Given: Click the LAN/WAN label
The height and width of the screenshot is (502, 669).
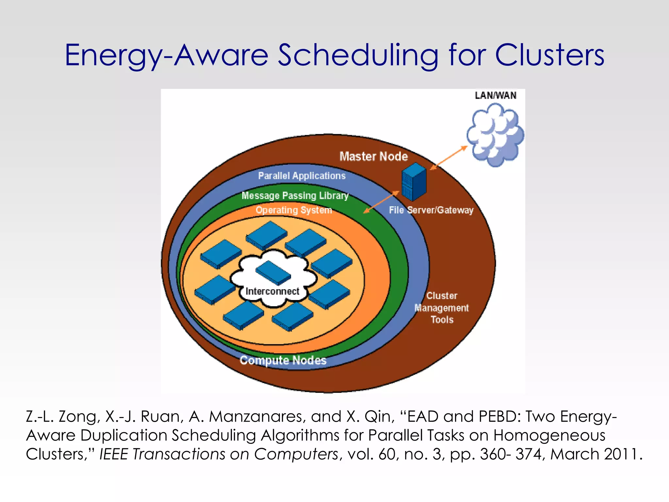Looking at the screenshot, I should pos(496,95).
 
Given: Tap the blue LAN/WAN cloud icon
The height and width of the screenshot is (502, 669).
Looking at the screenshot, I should pos(495,135).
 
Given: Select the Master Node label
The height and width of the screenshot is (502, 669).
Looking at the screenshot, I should pos(373,156).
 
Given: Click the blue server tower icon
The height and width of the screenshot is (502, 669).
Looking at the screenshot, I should pos(414,182).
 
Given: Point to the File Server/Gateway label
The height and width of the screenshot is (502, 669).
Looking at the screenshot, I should pos(431,210).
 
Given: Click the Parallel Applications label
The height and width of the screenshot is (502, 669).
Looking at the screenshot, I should pos(302,176).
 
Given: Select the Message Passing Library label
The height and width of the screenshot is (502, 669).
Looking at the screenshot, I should pos(295,195).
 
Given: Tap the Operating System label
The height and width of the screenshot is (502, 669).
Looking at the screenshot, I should pos(294,210).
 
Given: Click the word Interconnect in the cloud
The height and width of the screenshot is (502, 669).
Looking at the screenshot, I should pos(272,291).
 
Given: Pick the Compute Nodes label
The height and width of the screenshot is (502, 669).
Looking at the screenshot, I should pos(283,360).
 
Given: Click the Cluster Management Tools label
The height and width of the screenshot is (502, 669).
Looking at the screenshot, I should pos(442,308).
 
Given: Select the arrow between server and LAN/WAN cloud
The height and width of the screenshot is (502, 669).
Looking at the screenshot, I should pos(449,158).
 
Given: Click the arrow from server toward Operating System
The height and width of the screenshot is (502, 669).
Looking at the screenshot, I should pos(381,202).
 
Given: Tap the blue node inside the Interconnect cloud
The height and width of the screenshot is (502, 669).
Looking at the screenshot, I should pos(273,273).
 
